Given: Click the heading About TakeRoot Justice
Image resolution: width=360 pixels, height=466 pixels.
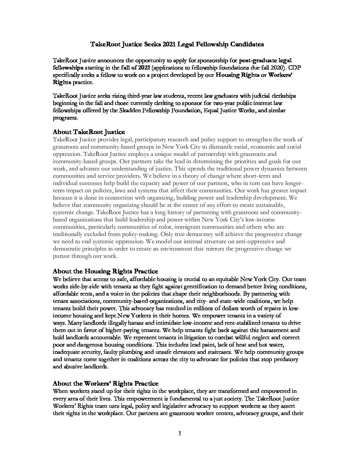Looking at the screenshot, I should click(x=89, y=132).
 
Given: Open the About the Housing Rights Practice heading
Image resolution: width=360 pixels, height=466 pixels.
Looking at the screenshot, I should click(x=105, y=271).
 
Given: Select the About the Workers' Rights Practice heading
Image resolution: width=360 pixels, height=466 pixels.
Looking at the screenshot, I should click(x=106, y=384).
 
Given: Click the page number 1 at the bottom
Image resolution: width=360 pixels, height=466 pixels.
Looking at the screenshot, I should click(x=180, y=434).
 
